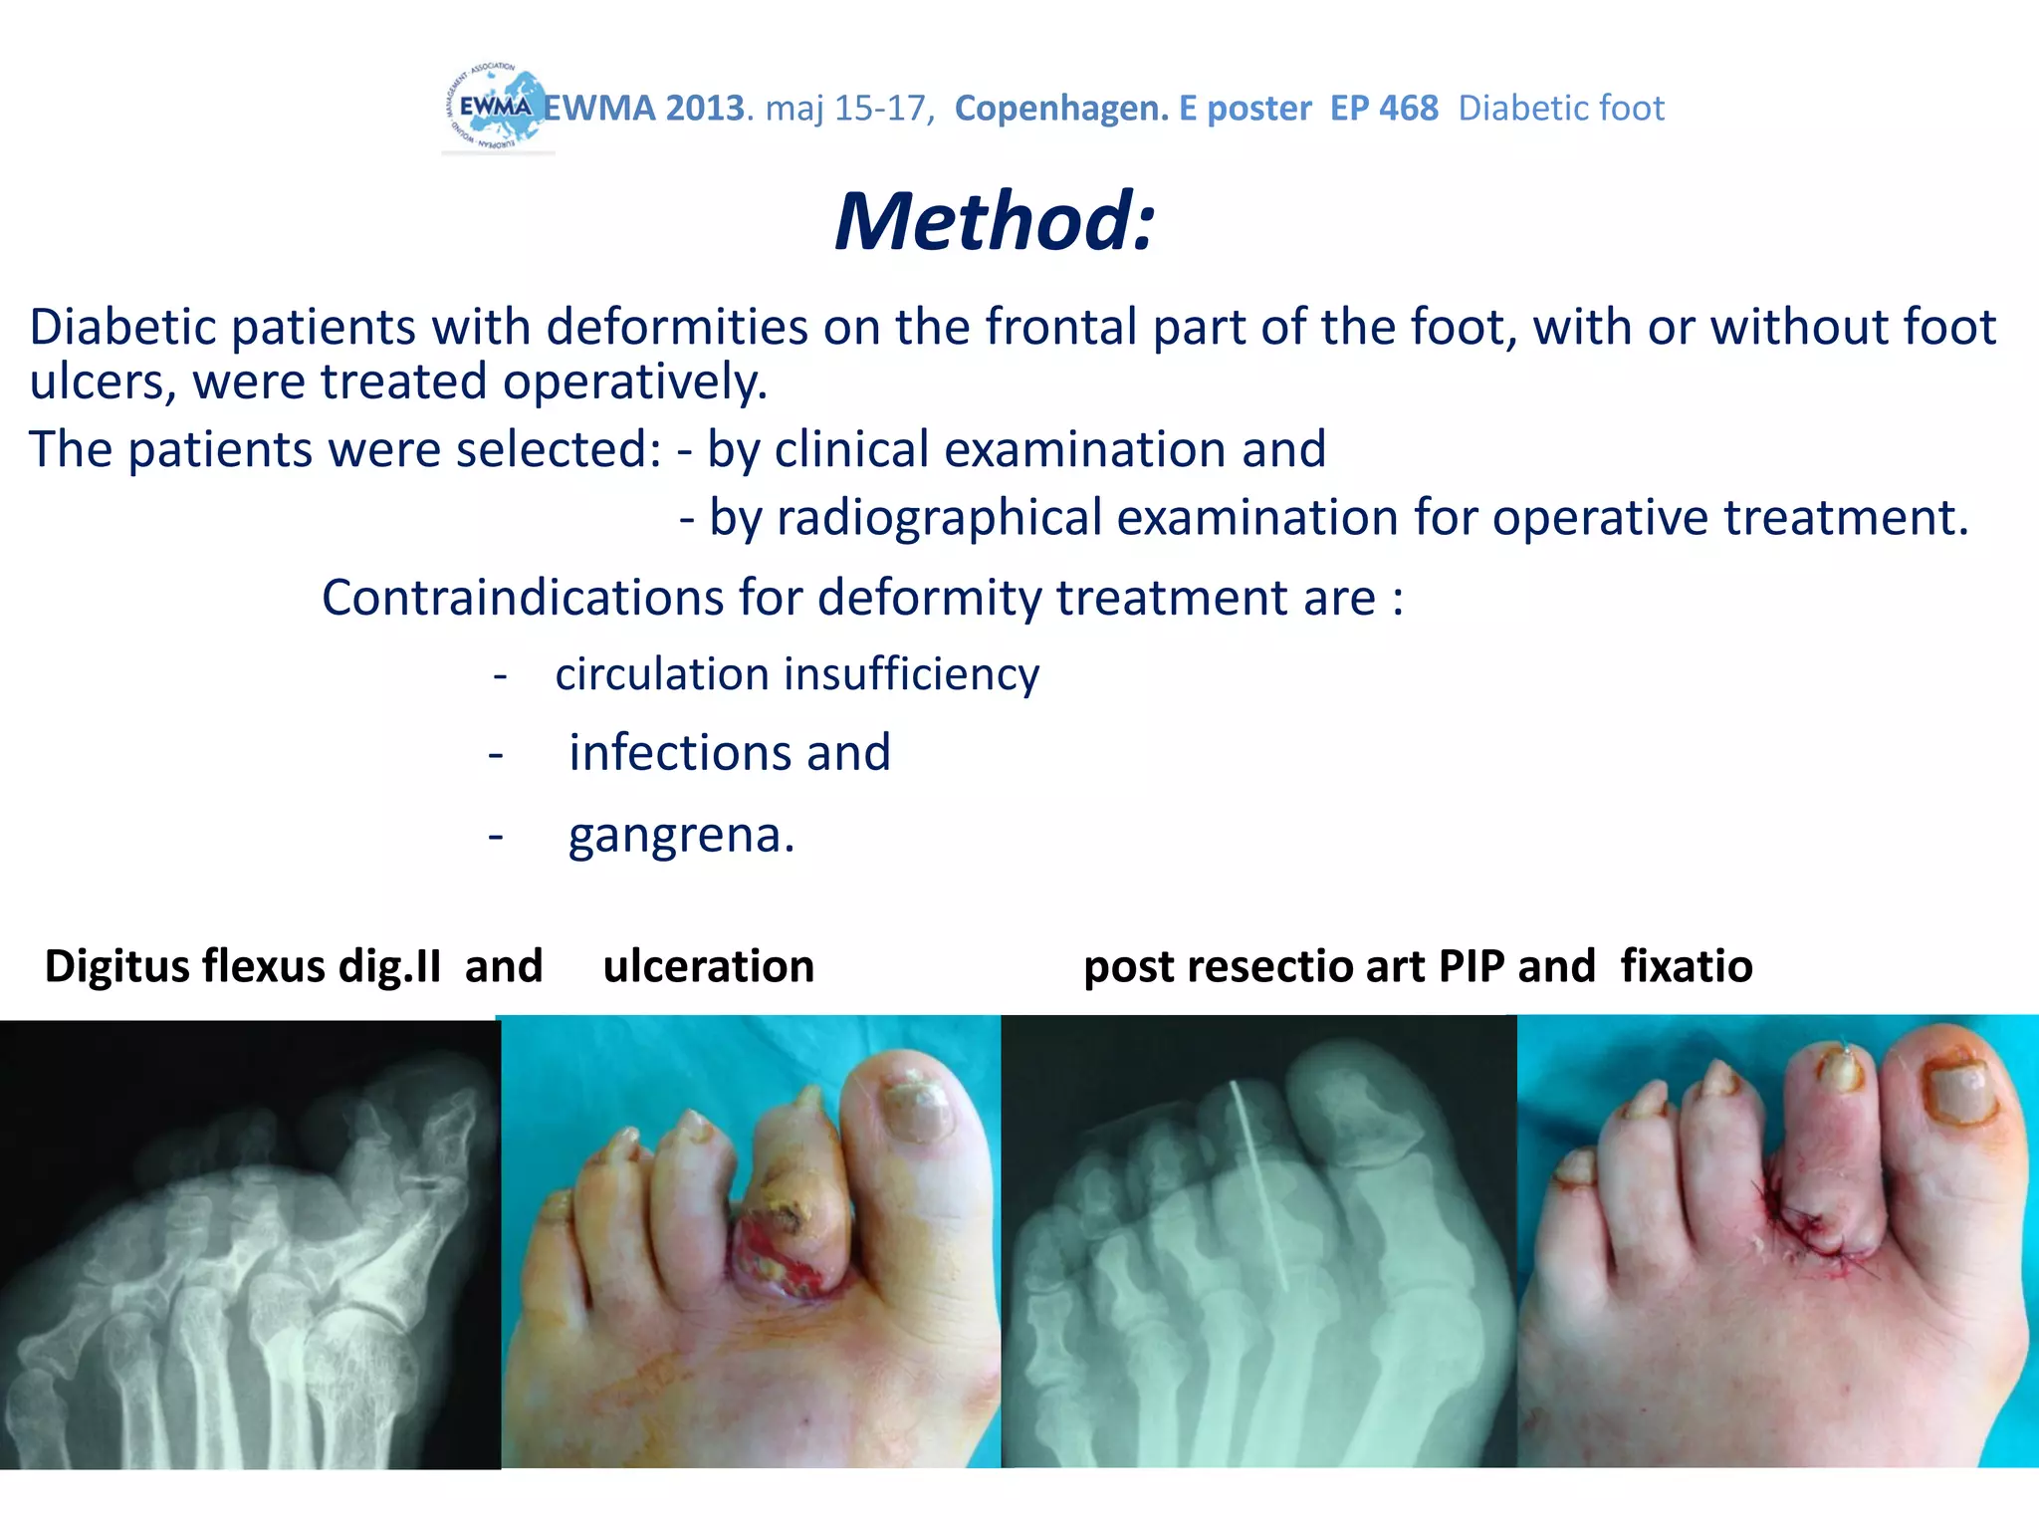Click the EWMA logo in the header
coord(495,109)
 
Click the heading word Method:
coord(995,221)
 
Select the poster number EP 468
coord(1384,109)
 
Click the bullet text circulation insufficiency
coord(796,674)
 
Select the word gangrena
coord(680,835)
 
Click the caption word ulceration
coord(709,966)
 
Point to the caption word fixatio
coord(1686,966)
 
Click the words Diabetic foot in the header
coord(1560,109)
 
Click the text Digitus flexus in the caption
coord(184,966)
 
